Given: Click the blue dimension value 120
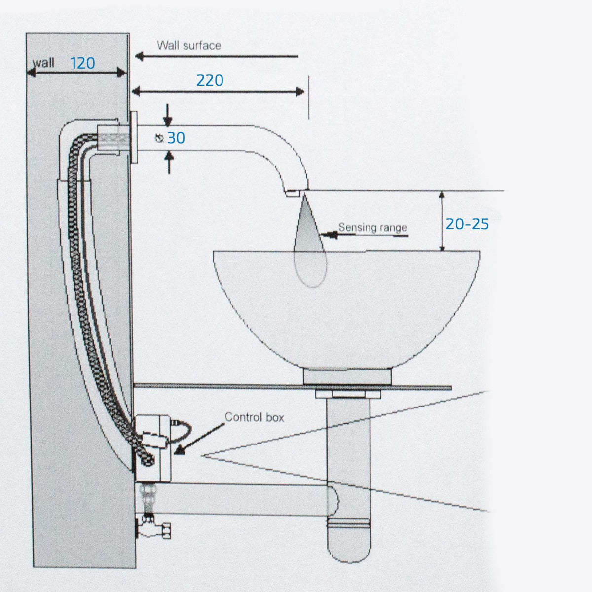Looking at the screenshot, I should [x=82, y=63].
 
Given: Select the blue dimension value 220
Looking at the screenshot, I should [x=210, y=80].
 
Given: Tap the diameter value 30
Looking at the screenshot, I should [x=176, y=138].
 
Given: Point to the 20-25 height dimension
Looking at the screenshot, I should [x=467, y=224].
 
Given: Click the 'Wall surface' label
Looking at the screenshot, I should [x=189, y=46].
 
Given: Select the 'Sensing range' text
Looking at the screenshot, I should [x=372, y=227].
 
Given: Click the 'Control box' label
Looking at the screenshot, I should [x=255, y=417].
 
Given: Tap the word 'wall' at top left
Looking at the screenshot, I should [x=43, y=63].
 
